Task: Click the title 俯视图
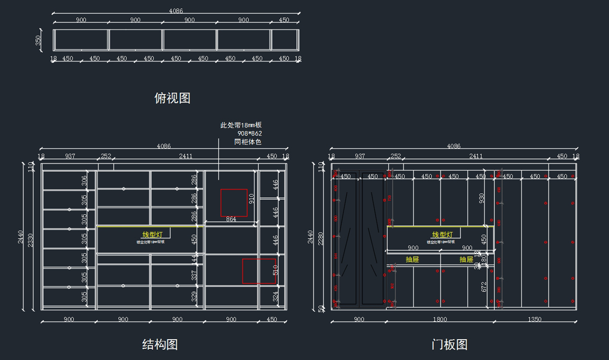[172, 98]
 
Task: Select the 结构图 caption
[160, 345]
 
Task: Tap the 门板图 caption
[449, 345]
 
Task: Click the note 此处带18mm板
[241, 125]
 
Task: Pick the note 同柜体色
[248, 142]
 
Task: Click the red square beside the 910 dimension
[233, 203]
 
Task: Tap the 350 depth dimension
[39, 40]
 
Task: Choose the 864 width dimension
[231, 219]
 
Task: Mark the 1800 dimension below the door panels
[440, 320]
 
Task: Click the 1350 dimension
[534, 320]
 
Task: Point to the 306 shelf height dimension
[84, 181]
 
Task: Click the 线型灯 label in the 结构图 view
[152, 235]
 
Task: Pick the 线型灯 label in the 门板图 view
[442, 235]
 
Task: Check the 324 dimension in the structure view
[275, 296]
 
